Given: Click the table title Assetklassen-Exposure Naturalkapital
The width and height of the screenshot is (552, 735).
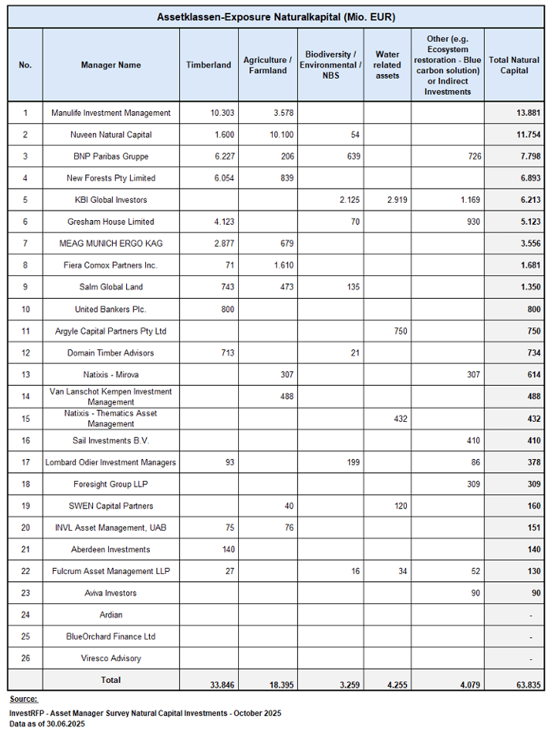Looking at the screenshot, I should pos(275,17).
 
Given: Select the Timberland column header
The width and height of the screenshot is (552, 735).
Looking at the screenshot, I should pos(208,65).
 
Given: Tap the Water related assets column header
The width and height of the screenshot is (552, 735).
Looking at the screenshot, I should pos(386,65).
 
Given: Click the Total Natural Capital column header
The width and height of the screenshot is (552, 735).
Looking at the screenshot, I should pos(513,65).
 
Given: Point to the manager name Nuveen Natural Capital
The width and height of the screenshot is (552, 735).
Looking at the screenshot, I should pos(110,135).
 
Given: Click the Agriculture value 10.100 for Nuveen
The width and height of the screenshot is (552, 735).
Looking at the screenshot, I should pos(280,135).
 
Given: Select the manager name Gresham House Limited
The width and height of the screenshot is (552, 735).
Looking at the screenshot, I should pos(110,222).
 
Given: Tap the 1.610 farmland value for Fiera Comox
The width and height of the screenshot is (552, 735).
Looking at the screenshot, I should pos(282,266).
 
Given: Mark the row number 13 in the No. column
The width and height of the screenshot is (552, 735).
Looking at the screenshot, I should pos(25,375).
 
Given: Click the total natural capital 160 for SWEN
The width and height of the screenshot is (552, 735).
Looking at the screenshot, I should pos(533,506).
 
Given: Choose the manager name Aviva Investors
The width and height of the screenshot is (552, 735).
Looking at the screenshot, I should pos(110,593).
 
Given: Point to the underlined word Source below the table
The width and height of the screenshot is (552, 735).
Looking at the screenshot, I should pos(23,700).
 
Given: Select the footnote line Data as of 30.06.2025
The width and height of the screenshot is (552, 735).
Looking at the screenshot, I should pos(47,723).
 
